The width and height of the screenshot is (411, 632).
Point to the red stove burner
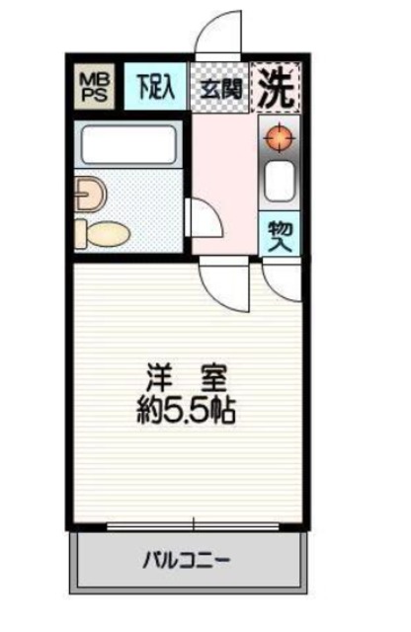tap(279, 140)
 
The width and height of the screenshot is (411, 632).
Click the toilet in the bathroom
tap(103, 233)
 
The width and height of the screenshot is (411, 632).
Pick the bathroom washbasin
tap(87, 194)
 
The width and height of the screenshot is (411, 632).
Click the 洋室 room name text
tap(187, 378)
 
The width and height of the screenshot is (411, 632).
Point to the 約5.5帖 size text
tap(187, 408)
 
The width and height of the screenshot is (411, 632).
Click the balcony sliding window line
tap(188, 526)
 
